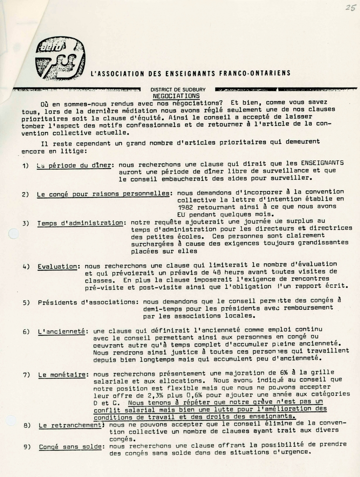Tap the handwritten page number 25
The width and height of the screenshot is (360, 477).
[350, 8]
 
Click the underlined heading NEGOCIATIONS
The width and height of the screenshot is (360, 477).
[176, 96]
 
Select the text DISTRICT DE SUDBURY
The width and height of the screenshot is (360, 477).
[178, 90]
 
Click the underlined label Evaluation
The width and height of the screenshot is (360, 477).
[57, 267]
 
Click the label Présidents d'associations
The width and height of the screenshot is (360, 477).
[88, 302]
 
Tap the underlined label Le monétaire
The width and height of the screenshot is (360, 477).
[63, 375]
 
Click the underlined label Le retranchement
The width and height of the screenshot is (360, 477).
[70, 426]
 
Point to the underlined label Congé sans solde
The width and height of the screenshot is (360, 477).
[70, 447]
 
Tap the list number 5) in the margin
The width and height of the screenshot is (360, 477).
[26, 303]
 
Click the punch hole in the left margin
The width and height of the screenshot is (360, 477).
[13, 233]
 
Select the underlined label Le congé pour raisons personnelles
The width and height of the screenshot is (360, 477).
[103, 194]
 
